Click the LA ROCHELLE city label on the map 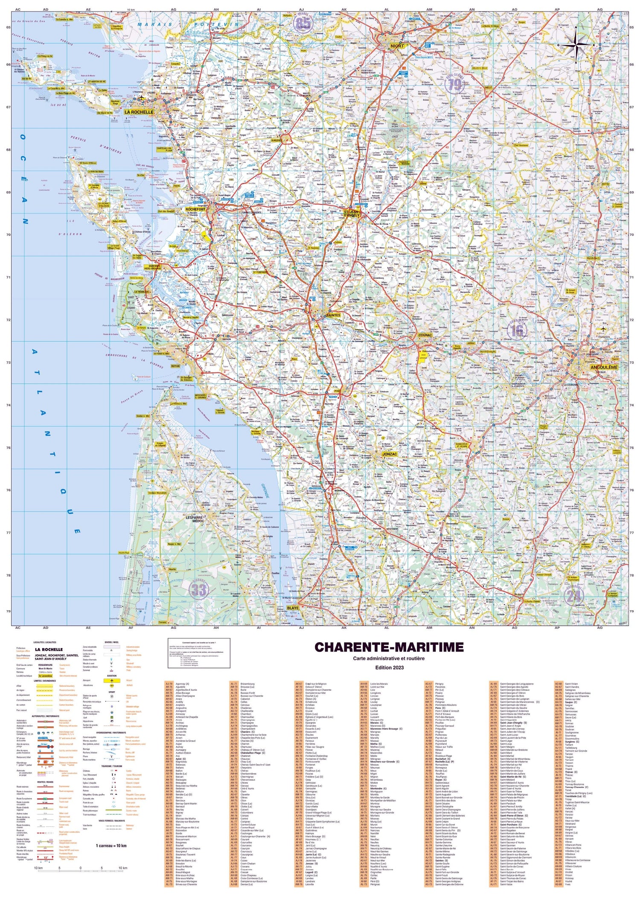[x=139, y=112]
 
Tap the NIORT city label [x=397, y=46]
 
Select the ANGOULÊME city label [x=603, y=367]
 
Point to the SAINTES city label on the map [x=333, y=315]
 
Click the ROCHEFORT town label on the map [x=195, y=209]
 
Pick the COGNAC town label [x=425, y=335]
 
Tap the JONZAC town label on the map [x=390, y=454]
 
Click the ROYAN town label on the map [x=175, y=366]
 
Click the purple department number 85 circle [x=303, y=23]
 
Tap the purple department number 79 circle [x=456, y=84]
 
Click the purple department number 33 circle [x=199, y=590]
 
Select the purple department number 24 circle [x=574, y=595]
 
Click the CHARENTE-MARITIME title [x=389, y=647]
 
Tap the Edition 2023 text [x=389, y=668]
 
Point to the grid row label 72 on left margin [x=8, y=320]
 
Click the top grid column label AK [x=344, y=9]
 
